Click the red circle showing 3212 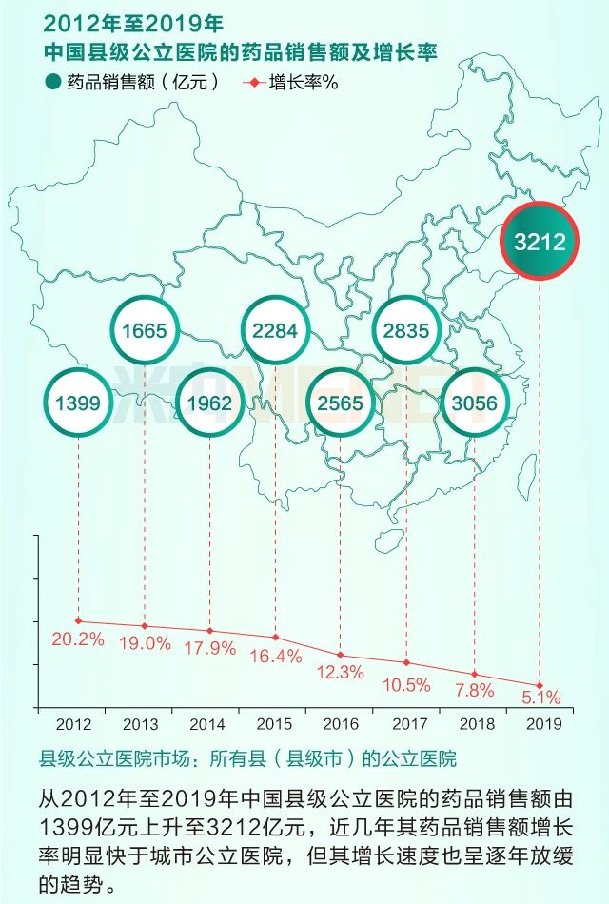540,241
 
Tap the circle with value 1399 77,403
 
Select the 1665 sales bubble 144,331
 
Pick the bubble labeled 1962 209,403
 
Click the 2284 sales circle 275,331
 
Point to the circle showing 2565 341,403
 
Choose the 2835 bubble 406,331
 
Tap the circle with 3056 473,403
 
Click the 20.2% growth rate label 77,639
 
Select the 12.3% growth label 340,672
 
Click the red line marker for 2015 275,638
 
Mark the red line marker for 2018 473,674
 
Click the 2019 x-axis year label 539,724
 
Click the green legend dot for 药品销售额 52,82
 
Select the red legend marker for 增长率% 253,82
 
